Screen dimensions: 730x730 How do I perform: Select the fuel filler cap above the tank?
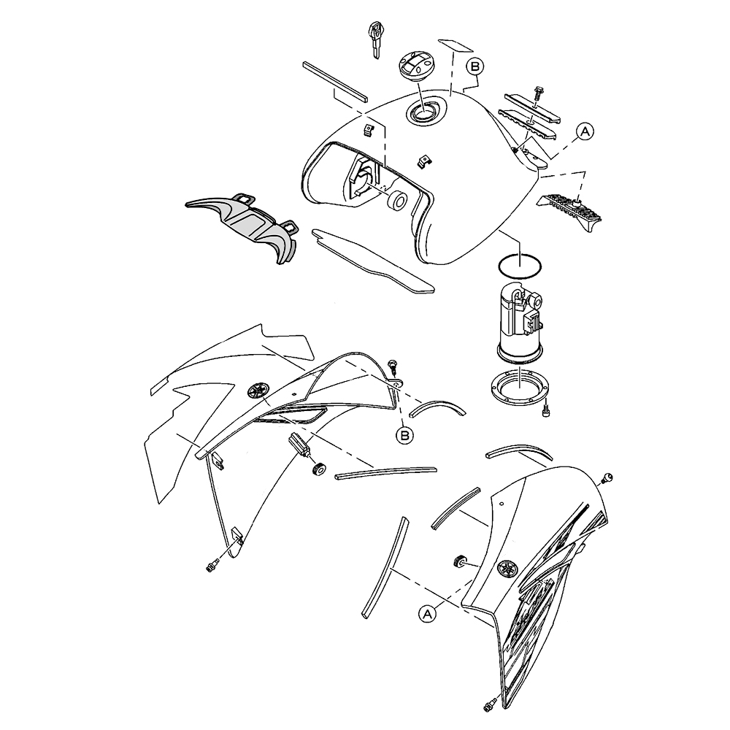415,66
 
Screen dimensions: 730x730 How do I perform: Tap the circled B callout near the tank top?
475,67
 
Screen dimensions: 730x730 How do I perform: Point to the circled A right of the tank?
585,131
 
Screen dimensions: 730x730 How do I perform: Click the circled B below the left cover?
404,435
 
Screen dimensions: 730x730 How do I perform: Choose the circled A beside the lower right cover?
427,614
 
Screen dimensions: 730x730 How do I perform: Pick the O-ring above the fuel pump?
520,266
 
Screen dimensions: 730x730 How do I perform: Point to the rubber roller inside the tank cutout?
396,201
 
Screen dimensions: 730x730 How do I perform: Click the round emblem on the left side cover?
256,389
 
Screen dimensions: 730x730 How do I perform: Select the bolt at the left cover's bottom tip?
212,566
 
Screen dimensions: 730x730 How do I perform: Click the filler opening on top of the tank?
424,112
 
